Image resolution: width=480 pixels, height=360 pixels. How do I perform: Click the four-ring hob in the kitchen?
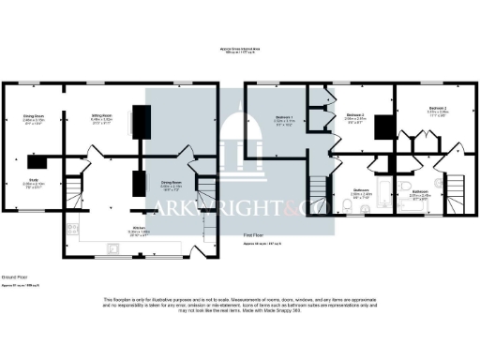pos(68,228)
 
